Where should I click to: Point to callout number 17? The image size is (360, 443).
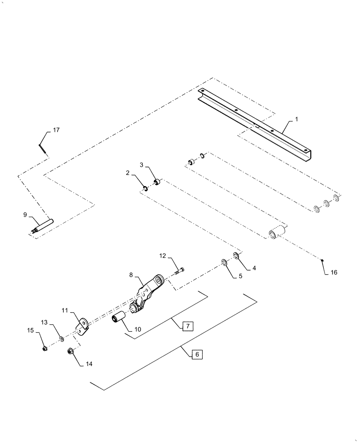[56, 130]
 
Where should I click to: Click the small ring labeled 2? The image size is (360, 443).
[145, 190]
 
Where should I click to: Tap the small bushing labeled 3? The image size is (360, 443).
[157, 182]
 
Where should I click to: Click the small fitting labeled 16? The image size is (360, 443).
[324, 260]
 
